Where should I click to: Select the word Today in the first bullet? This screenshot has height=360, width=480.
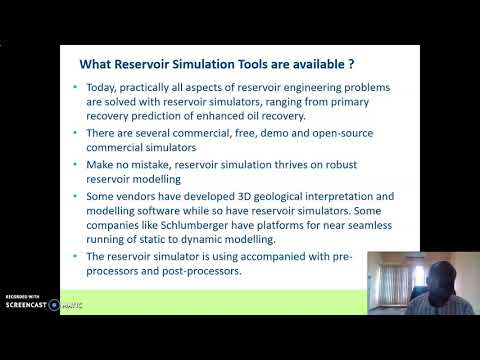[x=104, y=87]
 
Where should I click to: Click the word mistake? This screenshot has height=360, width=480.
[x=164, y=164]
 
